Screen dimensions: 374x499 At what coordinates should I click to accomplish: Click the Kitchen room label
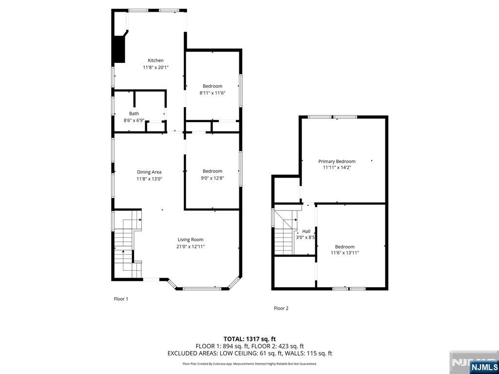click(x=155, y=60)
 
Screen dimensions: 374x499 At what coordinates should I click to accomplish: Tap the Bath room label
click(x=134, y=113)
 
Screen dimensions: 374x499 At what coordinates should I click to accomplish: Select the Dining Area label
click(x=149, y=172)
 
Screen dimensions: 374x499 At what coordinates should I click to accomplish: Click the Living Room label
click(x=190, y=240)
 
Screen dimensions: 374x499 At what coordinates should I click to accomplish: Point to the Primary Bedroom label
click(x=337, y=161)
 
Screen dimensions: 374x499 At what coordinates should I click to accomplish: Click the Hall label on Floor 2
click(x=306, y=231)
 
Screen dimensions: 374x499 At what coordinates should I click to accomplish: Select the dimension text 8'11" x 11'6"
click(x=212, y=93)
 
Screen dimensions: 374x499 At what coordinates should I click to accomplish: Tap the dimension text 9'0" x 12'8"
click(x=212, y=178)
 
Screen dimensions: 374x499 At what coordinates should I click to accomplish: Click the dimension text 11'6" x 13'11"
click(x=345, y=253)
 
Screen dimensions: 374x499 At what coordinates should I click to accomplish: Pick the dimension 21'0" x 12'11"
click(x=191, y=246)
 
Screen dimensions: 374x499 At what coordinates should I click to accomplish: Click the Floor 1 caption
click(x=121, y=299)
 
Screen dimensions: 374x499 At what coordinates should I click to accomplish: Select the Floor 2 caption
click(x=281, y=308)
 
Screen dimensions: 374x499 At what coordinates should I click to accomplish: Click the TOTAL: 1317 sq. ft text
click(x=249, y=338)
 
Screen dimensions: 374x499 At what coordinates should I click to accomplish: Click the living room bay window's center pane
click(x=202, y=289)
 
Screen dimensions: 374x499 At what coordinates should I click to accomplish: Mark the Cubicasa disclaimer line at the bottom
click(x=249, y=363)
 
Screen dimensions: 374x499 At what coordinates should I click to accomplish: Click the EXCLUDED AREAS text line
click(x=249, y=353)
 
